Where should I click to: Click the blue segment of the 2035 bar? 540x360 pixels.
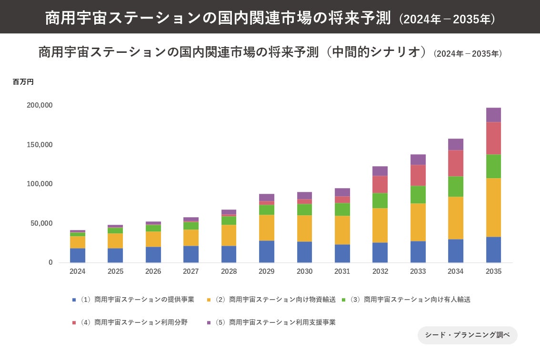pos(493,250)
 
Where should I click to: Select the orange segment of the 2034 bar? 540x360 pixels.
pos(456,218)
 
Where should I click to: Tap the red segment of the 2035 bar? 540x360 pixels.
pos(493,138)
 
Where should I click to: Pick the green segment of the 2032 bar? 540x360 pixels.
pos(380,200)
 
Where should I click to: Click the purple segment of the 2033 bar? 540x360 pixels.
pos(418,160)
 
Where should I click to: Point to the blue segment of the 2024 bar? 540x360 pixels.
pos(78,255)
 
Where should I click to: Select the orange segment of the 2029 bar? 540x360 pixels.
pos(267,228)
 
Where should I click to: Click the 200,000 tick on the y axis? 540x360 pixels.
pos(40,105)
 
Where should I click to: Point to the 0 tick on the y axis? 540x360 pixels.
pos(50,263)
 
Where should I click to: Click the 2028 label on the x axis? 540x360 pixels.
pos(229,271)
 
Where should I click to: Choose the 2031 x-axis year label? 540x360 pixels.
pos(342,271)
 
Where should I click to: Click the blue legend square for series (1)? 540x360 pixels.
pos(74,300)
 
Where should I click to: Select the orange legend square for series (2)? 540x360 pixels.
pos(209,300)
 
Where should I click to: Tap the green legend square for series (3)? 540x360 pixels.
pos(344,300)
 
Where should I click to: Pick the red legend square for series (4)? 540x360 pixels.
pos(74,323)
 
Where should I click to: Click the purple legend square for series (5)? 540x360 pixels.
pos(209,323)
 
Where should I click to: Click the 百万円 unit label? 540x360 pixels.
pos(23,82)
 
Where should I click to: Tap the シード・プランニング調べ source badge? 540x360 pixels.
pos(467,335)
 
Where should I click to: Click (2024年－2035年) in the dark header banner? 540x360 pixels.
pos(447,19)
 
